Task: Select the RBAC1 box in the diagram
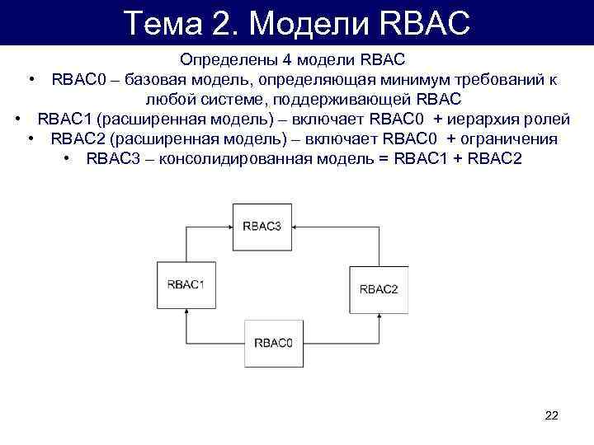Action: pyautogui.click(x=186, y=284)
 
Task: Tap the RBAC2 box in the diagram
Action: pyautogui.click(x=379, y=288)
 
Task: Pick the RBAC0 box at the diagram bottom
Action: pyautogui.click(x=273, y=342)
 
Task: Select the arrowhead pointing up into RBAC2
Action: pyautogui.click(x=379, y=317)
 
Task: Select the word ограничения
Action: pyautogui.click(x=509, y=138)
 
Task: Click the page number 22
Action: pyautogui.click(x=552, y=415)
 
